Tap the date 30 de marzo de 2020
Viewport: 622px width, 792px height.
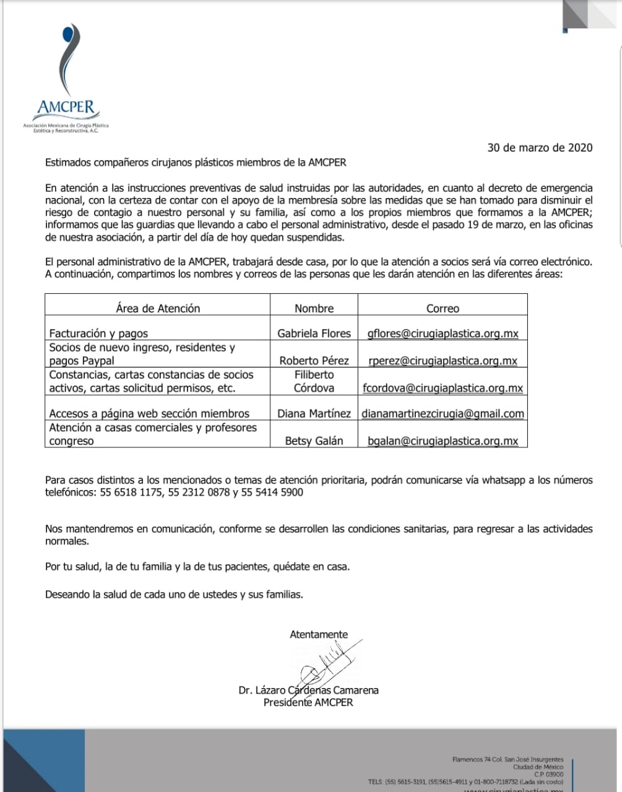point(540,147)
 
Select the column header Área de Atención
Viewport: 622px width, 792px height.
point(158,308)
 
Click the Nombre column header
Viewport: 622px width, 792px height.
point(314,308)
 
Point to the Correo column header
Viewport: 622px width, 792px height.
point(443,308)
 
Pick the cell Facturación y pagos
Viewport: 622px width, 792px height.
point(98,334)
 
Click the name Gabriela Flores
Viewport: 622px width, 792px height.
point(314,334)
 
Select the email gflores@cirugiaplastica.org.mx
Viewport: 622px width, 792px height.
point(443,334)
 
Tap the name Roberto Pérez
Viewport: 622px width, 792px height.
point(314,361)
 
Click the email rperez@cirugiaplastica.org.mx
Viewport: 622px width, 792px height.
point(443,361)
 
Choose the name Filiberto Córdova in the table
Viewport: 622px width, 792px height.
point(314,381)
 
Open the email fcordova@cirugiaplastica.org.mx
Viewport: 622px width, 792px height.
point(443,389)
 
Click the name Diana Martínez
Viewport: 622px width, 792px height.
point(314,413)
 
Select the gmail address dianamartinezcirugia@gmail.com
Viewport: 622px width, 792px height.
point(443,413)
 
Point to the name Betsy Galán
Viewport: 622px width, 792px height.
point(314,441)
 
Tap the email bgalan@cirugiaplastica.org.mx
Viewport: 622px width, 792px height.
point(443,441)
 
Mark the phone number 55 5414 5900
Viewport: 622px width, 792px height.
point(273,493)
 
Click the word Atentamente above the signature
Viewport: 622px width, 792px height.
point(319,634)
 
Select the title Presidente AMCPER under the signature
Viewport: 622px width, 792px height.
point(308,702)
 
